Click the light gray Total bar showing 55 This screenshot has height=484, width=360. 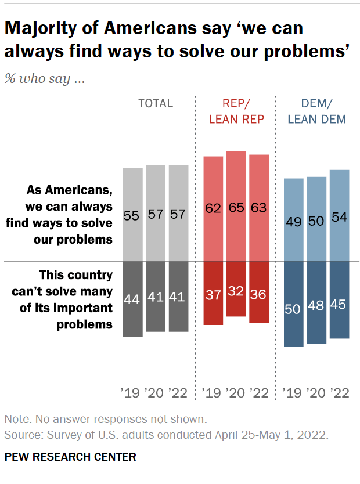click(x=132, y=215)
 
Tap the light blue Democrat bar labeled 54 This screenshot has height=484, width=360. click(x=340, y=215)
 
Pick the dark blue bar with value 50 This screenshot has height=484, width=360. click(x=294, y=304)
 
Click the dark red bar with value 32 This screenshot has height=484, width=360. click(x=236, y=289)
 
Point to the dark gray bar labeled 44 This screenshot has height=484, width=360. click(x=132, y=299)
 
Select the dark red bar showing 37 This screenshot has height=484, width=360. click(x=213, y=293)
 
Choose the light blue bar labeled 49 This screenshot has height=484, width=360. click(x=294, y=220)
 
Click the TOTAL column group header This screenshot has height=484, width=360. click(x=156, y=103)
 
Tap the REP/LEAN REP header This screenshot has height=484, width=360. click(x=236, y=111)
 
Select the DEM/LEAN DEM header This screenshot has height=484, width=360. click(x=316, y=111)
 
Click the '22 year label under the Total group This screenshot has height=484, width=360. click(x=178, y=393)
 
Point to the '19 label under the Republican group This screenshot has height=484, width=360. click(x=213, y=393)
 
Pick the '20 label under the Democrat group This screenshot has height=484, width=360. click(x=316, y=393)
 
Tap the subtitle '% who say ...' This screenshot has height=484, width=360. click(x=45, y=79)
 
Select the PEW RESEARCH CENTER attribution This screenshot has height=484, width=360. click(x=70, y=457)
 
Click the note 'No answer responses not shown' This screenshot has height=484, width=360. click(x=105, y=419)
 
